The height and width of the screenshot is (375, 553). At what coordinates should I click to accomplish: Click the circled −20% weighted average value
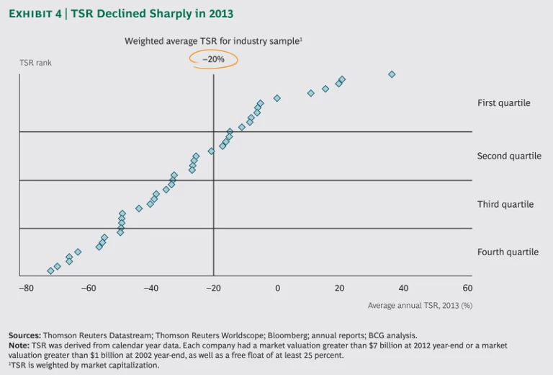point(214,59)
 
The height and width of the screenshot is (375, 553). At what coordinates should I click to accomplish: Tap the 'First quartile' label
point(503,103)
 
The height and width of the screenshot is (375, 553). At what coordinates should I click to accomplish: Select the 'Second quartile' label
point(509,156)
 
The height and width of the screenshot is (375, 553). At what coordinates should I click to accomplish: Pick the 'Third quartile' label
point(505,204)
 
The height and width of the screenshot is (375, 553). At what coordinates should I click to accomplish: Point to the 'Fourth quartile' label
point(508,252)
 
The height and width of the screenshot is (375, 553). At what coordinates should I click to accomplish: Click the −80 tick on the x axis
point(26,288)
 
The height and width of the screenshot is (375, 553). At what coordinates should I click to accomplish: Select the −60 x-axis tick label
point(88,288)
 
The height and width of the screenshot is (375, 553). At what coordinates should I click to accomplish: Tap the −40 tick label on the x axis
point(150,288)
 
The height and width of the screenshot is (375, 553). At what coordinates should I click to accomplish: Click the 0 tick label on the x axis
point(277,288)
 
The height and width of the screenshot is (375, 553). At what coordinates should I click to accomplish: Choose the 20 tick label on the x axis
point(340,288)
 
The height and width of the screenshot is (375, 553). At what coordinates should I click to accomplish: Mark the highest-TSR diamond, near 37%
point(392,74)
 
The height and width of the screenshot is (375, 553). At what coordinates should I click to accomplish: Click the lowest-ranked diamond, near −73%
point(50,270)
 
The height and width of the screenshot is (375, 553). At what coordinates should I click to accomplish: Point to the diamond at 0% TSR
point(277,98)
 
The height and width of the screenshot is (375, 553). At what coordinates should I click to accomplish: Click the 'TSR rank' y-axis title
point(35,63)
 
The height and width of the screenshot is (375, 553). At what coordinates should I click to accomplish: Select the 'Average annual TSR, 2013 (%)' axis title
point(420,306)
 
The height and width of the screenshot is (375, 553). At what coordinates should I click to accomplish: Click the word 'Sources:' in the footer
point(24,335)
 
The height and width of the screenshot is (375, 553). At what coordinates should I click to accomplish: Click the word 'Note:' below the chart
point(19,345)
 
